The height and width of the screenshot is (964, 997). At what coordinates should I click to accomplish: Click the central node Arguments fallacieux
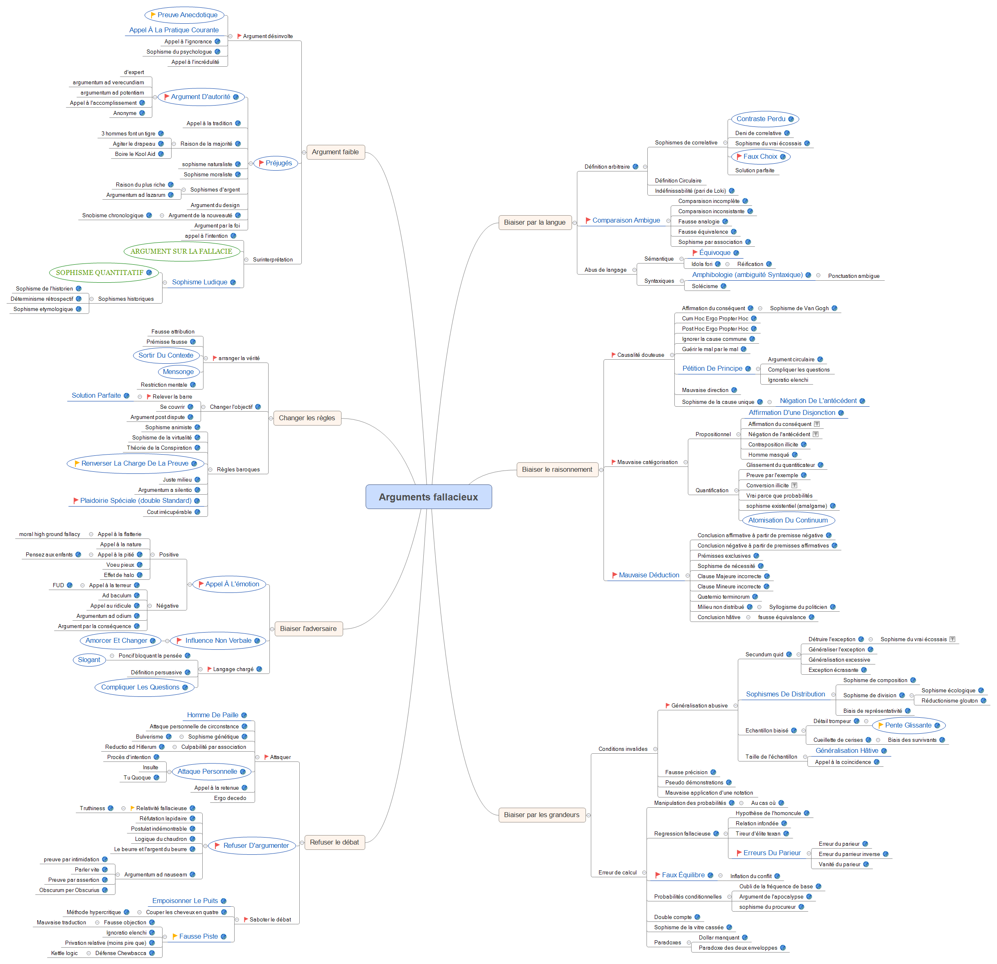(x=428, y=497)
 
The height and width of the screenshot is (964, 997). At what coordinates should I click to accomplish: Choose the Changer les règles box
(x=307, y=418)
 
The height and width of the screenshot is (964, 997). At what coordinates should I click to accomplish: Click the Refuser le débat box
(x=334, y=842)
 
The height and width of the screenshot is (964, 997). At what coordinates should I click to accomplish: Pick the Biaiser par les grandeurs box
(x=541, y=815)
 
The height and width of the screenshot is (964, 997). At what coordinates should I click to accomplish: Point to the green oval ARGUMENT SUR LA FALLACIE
(x=181, y=251)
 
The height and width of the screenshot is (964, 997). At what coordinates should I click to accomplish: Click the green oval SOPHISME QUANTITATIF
(x=100, y=273)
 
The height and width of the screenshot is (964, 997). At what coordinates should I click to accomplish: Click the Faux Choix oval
(x=760, y=157)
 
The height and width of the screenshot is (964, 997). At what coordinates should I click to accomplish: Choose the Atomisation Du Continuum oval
(x=787, y=520)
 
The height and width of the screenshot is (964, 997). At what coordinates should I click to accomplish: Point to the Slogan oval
(x=89, y=660)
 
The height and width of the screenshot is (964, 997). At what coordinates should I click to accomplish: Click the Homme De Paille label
(x=212, y=715)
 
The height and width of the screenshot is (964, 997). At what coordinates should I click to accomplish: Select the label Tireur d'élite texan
(x=757, y=833)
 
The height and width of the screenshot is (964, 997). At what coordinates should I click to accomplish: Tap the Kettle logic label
(x=64, y=953)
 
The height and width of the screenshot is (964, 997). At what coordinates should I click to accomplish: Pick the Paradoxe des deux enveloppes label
(x=737, y=948)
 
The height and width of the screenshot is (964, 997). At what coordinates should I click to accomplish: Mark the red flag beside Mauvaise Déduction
(x=615, y=575)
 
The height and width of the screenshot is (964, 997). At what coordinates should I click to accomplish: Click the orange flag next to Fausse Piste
(x=175, y=936)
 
